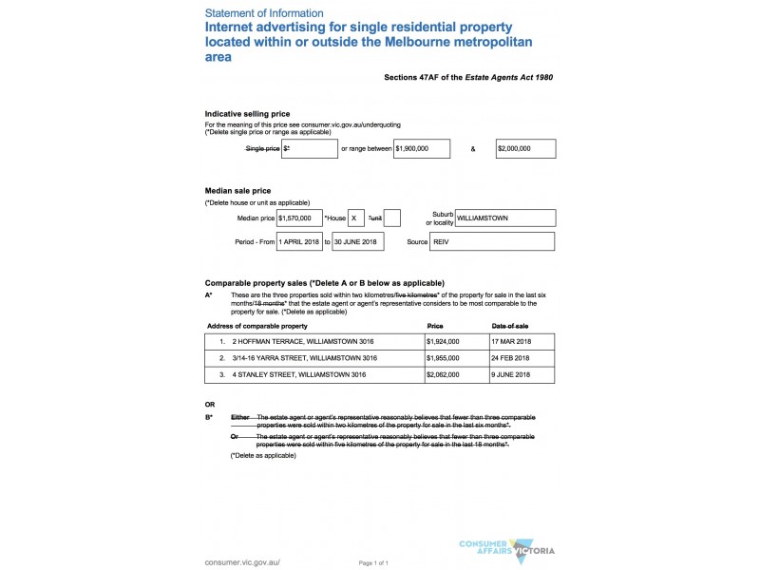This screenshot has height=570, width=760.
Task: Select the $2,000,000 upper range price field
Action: point(525,149)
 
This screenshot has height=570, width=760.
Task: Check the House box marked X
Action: point(356,218)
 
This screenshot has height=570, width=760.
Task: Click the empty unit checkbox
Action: point(391,218)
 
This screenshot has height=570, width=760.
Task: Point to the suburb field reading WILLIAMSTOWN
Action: point(504,218)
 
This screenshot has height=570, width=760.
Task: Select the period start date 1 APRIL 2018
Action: point(299,242)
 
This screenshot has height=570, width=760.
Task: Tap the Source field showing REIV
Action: point(492,242)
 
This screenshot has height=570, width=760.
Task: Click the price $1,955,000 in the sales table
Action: point(443,358)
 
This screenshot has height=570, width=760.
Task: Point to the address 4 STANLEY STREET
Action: point(299,375)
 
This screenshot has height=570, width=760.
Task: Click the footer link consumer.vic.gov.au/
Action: point(242,562)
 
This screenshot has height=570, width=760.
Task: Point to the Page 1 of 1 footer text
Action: point(373,562)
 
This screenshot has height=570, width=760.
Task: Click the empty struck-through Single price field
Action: point(310,149)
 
